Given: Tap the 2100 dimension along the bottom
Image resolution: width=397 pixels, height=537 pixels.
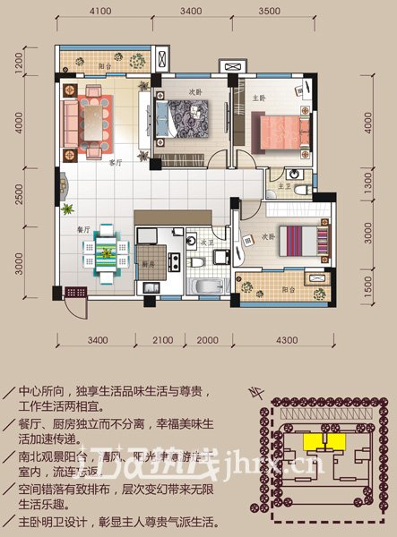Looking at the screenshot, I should tap(162, 339).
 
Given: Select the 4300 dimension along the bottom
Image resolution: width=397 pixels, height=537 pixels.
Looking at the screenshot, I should tap(287, 339).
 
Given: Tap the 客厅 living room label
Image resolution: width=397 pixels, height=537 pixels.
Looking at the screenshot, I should tap(114, 163).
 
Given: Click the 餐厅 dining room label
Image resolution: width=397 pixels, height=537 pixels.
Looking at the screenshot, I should tap(85, 229).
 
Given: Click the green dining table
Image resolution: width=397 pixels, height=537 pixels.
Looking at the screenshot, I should tap(106, 253).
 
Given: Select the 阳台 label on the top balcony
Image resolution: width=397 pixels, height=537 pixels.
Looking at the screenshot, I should tap(105, 66).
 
